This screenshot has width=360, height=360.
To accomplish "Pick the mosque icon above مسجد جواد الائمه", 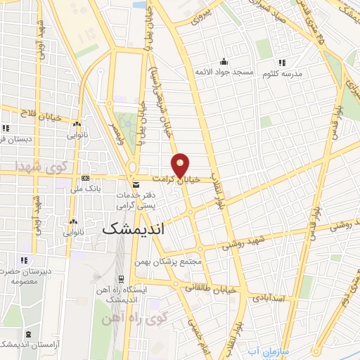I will (224, 62).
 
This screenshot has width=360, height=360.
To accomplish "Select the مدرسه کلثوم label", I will (283, 74).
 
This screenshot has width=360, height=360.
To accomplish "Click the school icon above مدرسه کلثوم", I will (283, 63).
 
